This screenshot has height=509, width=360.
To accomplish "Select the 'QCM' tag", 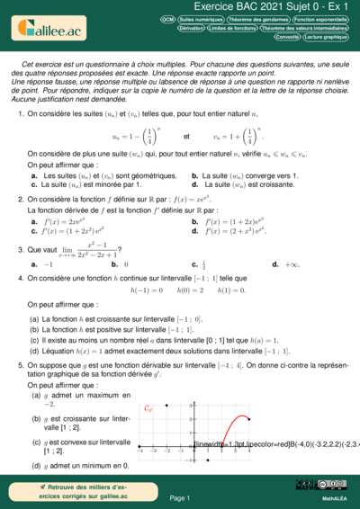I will (x=167, y=18).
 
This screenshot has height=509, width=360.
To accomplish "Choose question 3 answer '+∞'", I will (x=292, y=264).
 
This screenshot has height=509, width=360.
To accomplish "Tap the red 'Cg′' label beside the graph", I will (x=149, y=409).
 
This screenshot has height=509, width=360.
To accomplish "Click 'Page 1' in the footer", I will (x=180, y=497).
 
